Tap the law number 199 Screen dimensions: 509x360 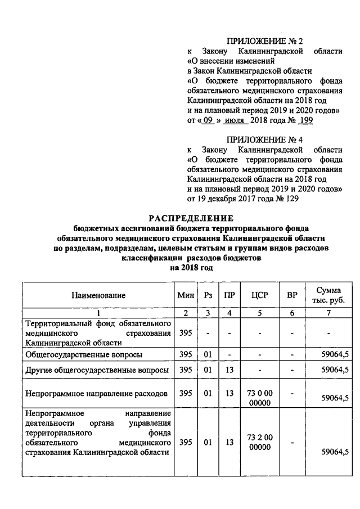click(x=305, y=120)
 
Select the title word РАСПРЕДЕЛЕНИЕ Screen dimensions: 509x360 click(x=190, y=218)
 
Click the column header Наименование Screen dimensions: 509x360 click(x=98, y=295)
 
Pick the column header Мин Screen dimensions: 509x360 click(x=185, y=295)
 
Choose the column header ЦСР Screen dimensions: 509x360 click(x=260, y=295)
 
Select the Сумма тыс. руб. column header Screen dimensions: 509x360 click(x=329, y=295)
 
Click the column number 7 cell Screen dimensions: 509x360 click(x=329, y=313)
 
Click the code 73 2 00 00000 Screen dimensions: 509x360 click(x=260, y=443)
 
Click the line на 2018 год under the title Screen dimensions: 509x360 click(x=190, y=268)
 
